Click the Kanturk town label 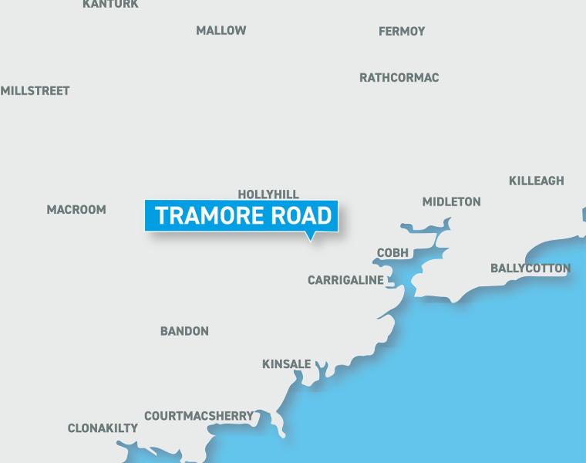point(110,4)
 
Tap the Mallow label point(221,31)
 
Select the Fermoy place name point(402,32)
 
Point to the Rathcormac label point(399,78)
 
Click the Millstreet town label point(35,91)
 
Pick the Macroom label point(76,210)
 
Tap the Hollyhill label point(268,194)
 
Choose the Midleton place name point(451,202)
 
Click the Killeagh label point(537,181)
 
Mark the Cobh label point(393,253)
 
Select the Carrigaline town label point(345,280)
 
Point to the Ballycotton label point(530,269)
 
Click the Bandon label point(184,332)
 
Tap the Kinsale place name point(287,364)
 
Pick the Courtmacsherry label point(199,416)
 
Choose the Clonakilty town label point(103,428)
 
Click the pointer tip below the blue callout point(310,240)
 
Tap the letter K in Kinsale point(266,364)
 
